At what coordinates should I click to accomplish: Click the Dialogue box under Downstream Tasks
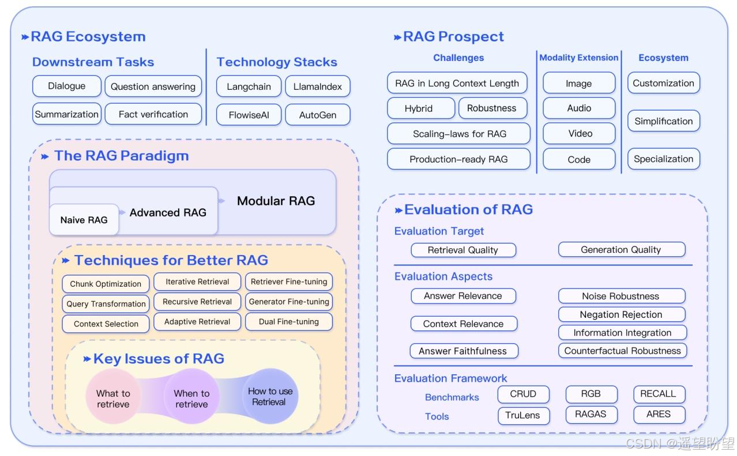(x=66, y=86)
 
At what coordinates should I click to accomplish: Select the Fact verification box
(x=153, y=114)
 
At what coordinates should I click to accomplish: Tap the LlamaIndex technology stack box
(x=317, y=86)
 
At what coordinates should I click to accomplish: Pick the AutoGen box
(x=317, y=115)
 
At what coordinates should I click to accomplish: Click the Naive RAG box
(x=84, y=220)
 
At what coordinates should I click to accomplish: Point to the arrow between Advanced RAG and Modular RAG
(x=221, y=201)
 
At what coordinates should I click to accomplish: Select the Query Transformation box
(x=106, y=304)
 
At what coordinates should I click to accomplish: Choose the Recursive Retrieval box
(x=197, y=302)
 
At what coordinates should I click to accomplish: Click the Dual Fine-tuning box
(x=288, y=322)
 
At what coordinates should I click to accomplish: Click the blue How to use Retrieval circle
(x=270, y=396)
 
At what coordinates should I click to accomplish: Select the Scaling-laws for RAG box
(x=459, y=134)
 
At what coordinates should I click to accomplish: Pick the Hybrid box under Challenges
(x=419, y=108)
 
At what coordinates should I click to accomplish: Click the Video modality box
(x=579, y=134)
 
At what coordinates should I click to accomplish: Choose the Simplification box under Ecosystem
(x=663, y=121)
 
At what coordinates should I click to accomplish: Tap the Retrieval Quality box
(x=463, y=250)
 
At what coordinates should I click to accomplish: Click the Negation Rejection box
(x=621, y=314)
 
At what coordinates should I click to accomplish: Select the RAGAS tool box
(x=591, y=415)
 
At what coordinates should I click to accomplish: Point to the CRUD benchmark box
(x=523, y=394)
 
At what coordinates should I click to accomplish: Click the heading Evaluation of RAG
(x=468, y=210)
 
